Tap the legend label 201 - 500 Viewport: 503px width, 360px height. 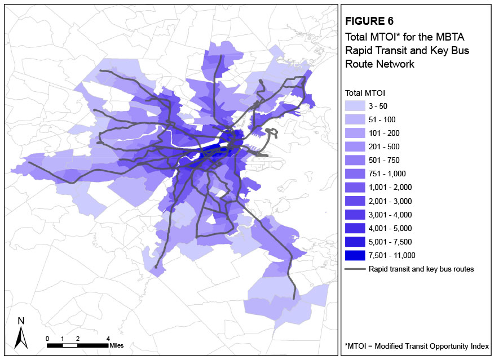click(385, 146)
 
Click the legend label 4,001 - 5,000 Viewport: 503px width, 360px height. click(391, 228)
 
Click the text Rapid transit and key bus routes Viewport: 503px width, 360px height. click(421, 269)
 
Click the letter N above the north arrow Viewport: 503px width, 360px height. click(21, 321)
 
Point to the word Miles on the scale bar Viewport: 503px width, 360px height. click(117, 345)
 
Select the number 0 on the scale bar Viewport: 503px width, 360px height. click(47, 338)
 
